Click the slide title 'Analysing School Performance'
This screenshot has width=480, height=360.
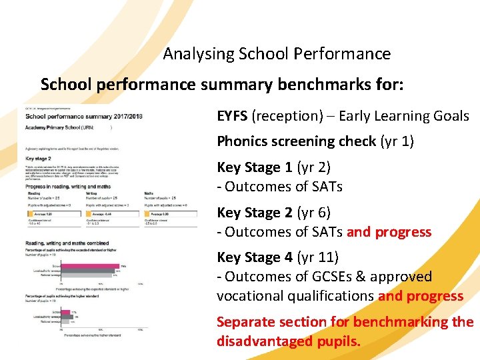pos(277,53)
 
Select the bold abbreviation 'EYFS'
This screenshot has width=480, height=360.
pos(232,116)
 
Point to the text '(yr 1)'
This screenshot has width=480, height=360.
pos(397,141)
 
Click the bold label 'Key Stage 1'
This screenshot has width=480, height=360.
pos(255,167)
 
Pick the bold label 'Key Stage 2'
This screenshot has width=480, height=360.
pos(255,213)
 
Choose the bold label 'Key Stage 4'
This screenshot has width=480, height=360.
pos(255,257)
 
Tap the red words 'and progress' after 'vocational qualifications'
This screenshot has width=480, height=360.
pos(421,296)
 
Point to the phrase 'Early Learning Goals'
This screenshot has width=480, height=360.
pos(404,116)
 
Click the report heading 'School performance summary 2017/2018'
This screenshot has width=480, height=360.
pos(84,117)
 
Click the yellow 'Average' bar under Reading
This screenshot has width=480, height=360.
pos(49,214)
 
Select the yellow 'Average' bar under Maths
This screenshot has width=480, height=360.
pos(170,214)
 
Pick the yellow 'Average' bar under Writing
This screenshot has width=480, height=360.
pos(111,214)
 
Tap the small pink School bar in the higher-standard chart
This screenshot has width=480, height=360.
pos(66,312)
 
